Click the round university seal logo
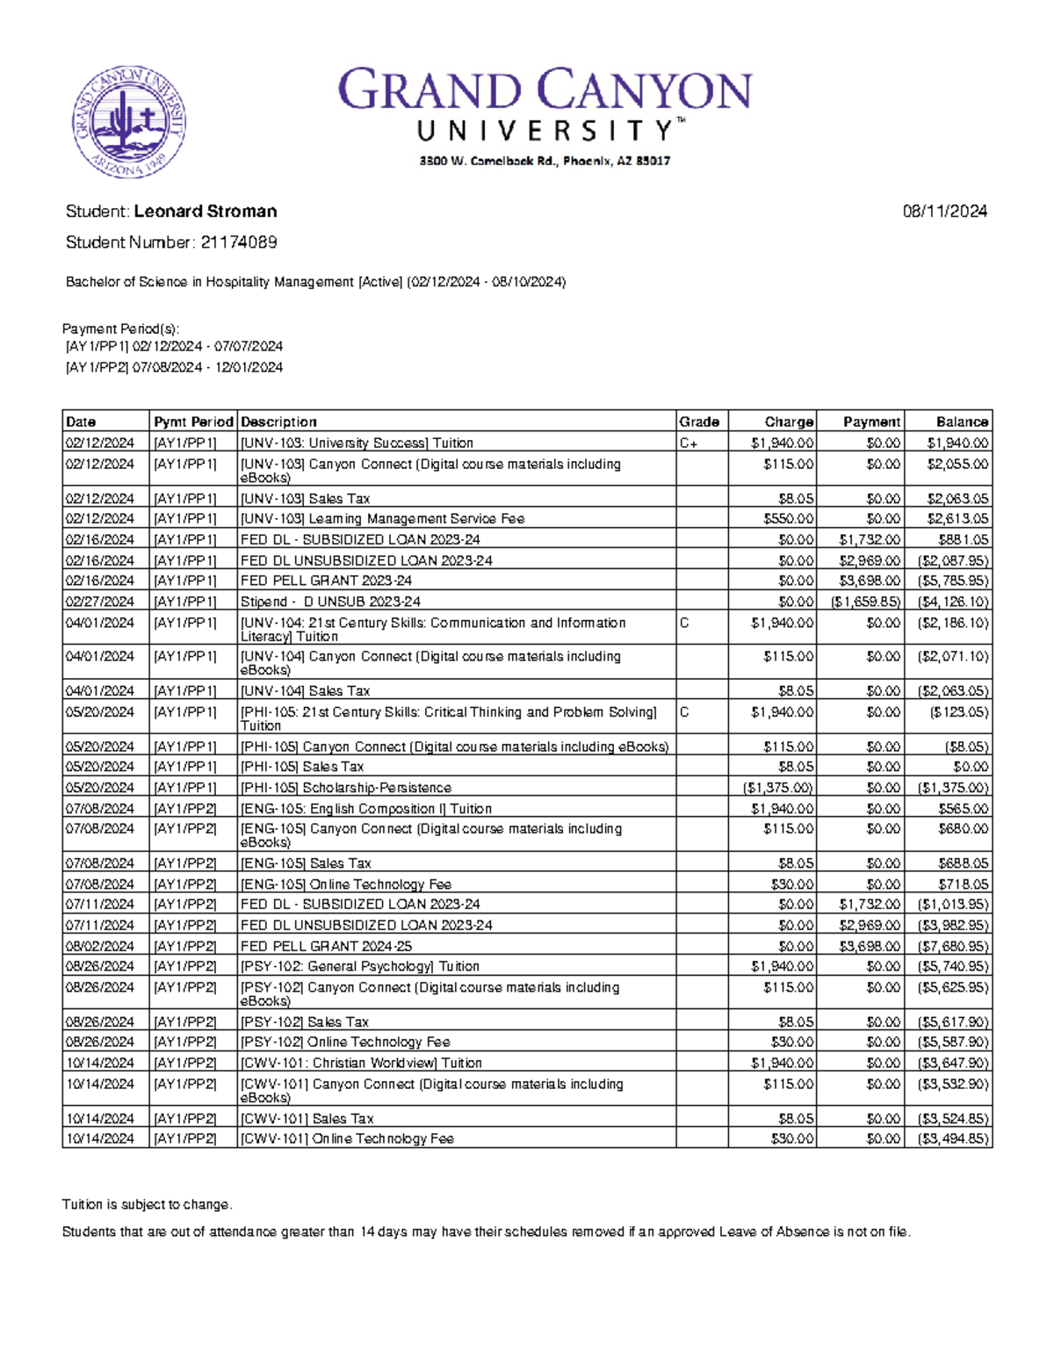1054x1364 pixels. click(128, 122)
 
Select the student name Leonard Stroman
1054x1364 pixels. click(206, 212)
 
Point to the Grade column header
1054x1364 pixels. click(699, 422)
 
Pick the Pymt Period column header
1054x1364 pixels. click(193, 422)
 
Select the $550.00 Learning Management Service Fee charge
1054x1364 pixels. click(789, 519)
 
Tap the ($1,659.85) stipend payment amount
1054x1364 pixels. click(865, 602)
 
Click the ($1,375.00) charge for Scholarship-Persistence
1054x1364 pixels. click(778, 788)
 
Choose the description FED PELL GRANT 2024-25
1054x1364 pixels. click(326, 946)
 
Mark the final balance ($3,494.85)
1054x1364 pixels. click(953, 1138)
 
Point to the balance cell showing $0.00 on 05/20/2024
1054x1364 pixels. click(971, 767)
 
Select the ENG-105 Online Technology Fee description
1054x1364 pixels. click(346, 884)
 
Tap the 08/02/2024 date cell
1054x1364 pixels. click(99, 946)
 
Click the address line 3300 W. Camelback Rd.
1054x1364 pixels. click(545, 161)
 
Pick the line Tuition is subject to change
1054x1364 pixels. click(147, 1204)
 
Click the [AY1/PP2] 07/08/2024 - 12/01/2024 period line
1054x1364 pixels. click(174, 367)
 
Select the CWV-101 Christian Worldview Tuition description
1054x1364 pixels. click(361, 1063)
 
